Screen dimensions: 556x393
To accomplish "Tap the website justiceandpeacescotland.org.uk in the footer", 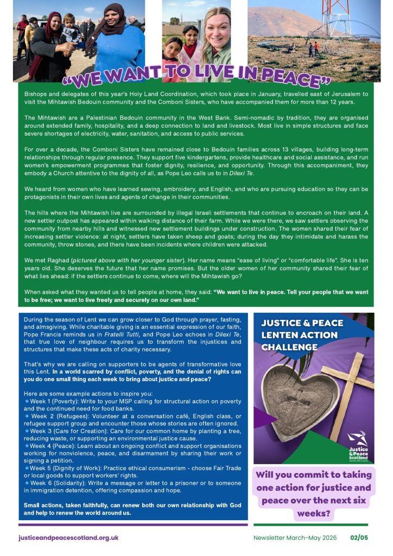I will pyautogui.click(x=68, y=538).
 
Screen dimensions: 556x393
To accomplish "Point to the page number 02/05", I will pyautogui.click(x=359, y=538).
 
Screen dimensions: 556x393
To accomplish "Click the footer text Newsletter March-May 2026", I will pyautogui.click(x=295, y=538).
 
